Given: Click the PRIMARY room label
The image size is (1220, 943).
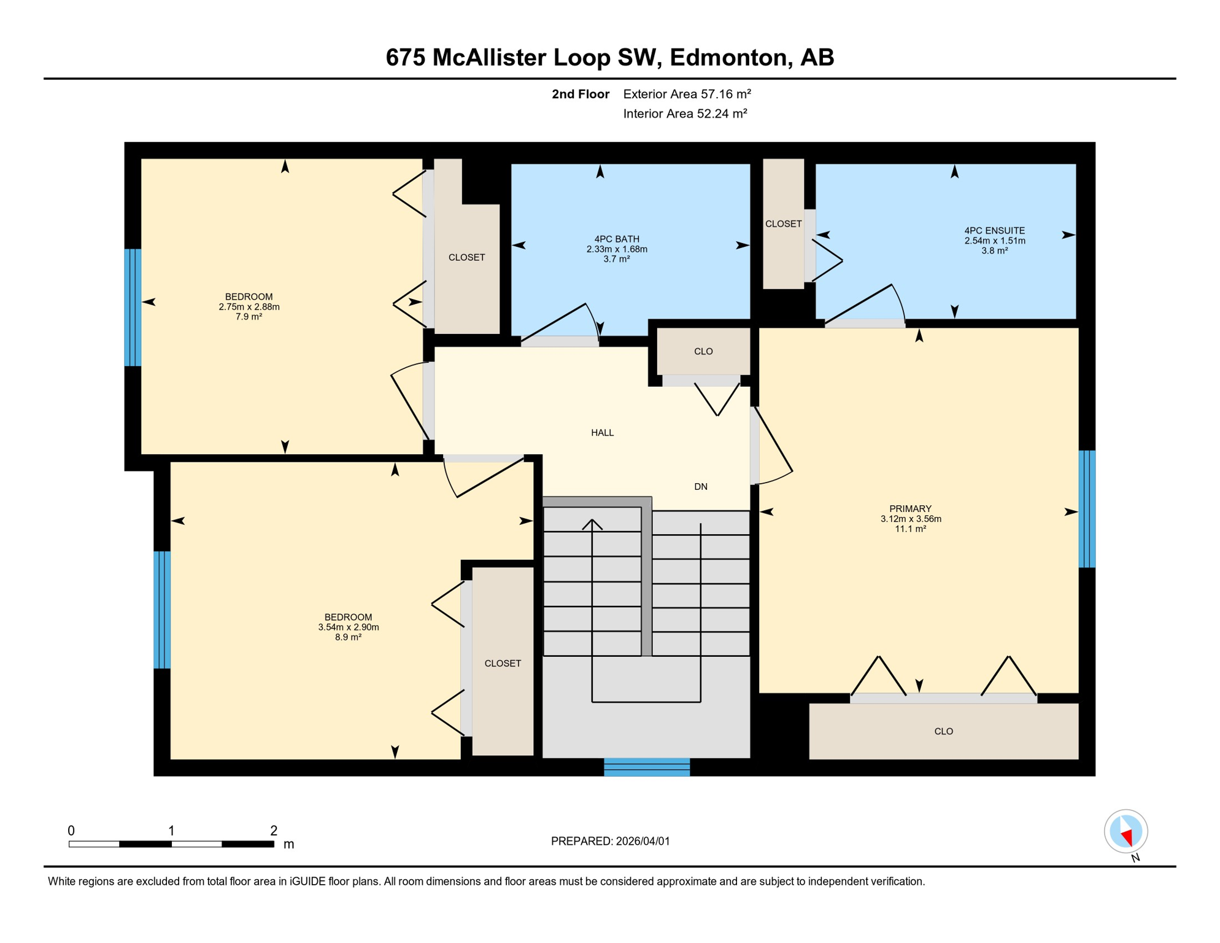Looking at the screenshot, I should pyautogui.click(x=910, y=508).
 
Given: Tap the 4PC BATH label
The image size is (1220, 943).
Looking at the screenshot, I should pyautogui.click(x=617, y=239).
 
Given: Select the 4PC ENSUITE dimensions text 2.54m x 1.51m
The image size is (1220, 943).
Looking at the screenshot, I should pyautogui.click(x=994, y=241).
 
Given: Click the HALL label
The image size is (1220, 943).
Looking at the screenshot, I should pyautogui.click(x=602, y=433).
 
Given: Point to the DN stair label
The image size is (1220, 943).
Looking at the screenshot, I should pyautogui.click(x=701, y=487).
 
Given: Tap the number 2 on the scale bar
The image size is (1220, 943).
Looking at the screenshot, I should pyautogui.click(x=274, y=831).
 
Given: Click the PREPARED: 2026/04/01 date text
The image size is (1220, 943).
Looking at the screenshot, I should pyautogui.click(x=610, y=841).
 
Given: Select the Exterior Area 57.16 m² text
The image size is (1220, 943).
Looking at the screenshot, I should pyautogui.click(x=687, y=94).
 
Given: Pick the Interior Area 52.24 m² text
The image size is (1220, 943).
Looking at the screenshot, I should pyautogui.click(x=685, y=114).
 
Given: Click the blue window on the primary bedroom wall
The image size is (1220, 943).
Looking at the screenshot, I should pyautogui.click(x=1087, y=509).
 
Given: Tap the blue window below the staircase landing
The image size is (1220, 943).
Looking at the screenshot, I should pyautogui.click(x=647, y=767).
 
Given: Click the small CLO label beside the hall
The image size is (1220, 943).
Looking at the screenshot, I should pyautogui.click(x=703, y=351).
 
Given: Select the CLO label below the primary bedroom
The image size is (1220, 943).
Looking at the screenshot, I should pyautogui.click(x=943, y=731).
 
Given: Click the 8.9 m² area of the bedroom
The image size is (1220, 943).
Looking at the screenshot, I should pyautogui.click(x=348, y=637).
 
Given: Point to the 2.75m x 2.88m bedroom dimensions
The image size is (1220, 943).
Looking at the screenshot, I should pyautogui.click(x=249, y=307).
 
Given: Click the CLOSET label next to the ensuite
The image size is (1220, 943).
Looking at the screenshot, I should pyautogui.click(x=783, y=224).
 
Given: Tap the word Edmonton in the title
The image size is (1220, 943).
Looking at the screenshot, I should pyautogui.click(x=728, y=57).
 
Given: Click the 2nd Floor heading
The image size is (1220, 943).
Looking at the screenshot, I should pyautogui.click(x=580, y=94).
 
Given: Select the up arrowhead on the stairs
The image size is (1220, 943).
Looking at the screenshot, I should pyautogui.click(x=592, y=523).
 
